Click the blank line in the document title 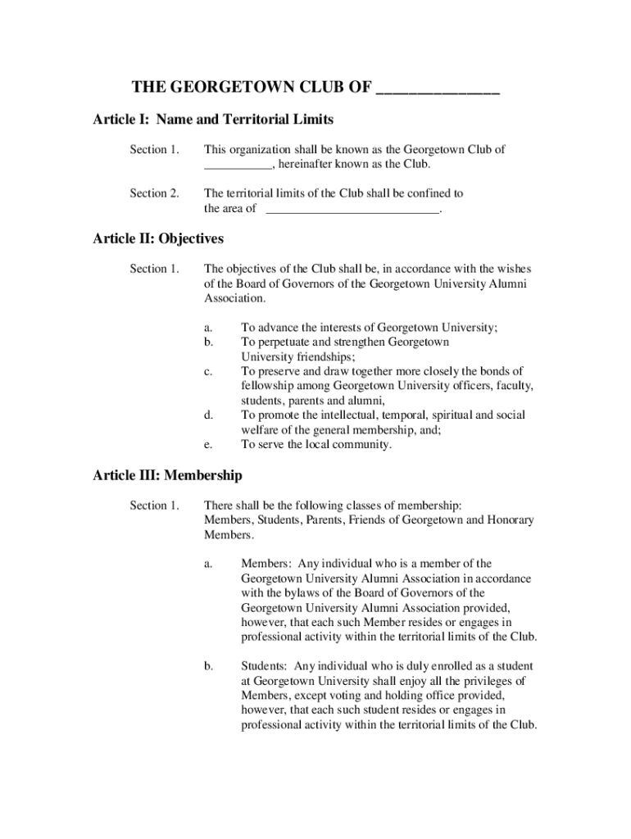(438, 91)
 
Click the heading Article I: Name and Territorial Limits (213, 120)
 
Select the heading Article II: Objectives (158, 238)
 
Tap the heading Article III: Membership (167, 475)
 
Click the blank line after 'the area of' (354, 210)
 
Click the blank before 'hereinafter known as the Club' (238, 165)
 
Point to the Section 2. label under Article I (154, 193)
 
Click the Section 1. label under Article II (154, 269)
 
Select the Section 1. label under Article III (154, 505)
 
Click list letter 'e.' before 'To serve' (209, 445)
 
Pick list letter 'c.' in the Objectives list (209, 371)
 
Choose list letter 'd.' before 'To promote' (209, 415)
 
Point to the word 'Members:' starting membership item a (266, 563)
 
